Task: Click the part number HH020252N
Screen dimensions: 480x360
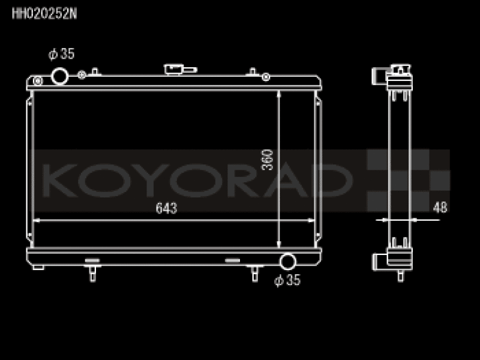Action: pyautogui.click(x=44, y=14)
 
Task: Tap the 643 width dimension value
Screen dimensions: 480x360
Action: pyautogui.click(x=166, y=208)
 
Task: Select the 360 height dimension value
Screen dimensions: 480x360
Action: pyautogui.click(x=267, y=160)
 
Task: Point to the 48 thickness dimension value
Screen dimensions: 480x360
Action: pyautogui.click(x=440, y=207)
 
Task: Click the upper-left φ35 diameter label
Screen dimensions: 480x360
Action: pyautogui.click(x=61, y=54)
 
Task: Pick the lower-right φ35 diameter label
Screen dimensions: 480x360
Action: pyautogui.click(x=287, y=280)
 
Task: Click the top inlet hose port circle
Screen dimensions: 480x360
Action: pyautogui.click(x=59, y=76)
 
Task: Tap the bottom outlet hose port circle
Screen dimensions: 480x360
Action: pyautogui.click(x=288, y=262)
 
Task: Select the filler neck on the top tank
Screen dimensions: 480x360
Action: pyautogui.click(x=180, y=70)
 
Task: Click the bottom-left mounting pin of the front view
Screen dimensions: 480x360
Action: pyautogui.click(x=93, y=274)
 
